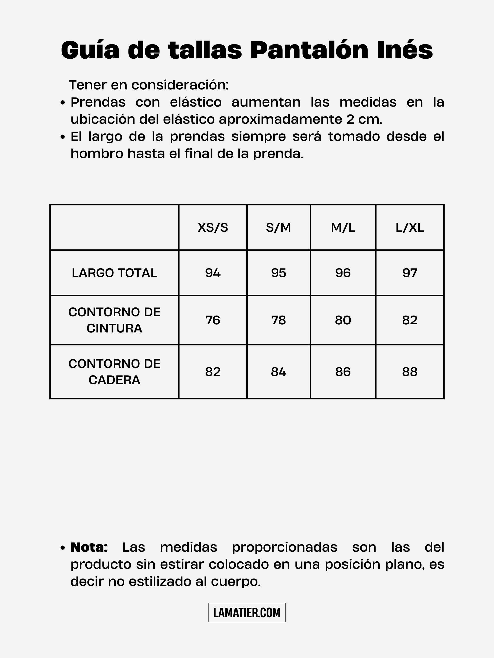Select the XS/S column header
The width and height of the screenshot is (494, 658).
[213, 228]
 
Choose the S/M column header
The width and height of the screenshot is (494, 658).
[278, 228]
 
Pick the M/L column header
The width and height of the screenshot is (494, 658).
[343, 228]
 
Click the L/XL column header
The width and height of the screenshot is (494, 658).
[410, 228]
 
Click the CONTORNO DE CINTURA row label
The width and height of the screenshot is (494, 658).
[114, 320]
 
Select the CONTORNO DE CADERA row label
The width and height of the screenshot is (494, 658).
[114, 372]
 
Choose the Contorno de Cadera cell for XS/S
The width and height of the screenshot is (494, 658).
[213, 372]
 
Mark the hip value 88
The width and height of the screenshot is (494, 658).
[410, 372]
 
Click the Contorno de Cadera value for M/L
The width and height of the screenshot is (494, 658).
[343, 372]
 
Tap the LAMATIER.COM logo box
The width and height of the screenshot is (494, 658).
[247, 613]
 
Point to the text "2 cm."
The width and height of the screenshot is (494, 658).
[364, 119]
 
